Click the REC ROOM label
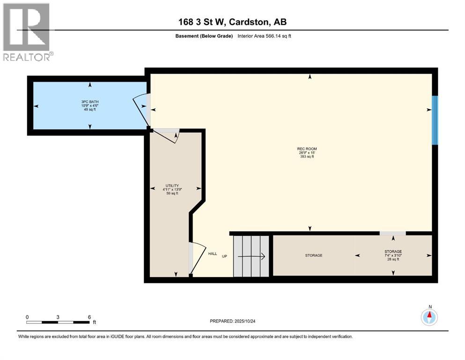[x=310, y=153]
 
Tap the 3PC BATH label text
[x=90, y=105]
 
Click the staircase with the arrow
[x=252, y=256]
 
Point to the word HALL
[x=213, y=254]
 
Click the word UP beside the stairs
[x=225, y=256]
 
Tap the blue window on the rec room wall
[x=435, y=120]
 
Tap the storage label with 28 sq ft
[x=392, y=255]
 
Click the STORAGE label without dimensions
[x=313, y=255]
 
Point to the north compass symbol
[x=429, y=317]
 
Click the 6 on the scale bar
[x=89, y=317]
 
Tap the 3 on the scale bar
[x=58, y=317]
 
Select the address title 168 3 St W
[x=233, y=22]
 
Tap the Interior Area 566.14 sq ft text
[x=266, y=36]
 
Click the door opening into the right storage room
[x=392, y=233]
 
